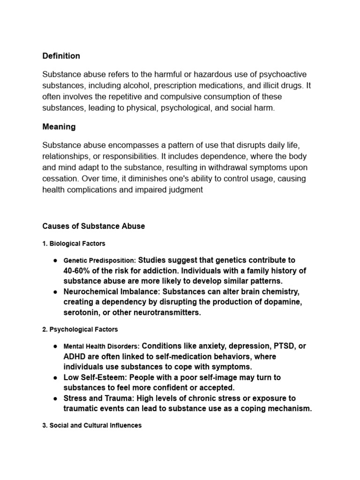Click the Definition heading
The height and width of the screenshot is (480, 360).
pyautogui.click(x=61, y=56)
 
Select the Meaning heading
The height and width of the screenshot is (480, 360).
pyautogui.click(x=59, y=127)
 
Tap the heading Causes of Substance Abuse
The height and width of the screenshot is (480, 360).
pyautogui.click(x=94, y=226)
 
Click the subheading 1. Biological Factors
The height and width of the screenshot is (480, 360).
pyautogui.click(x=74, y=244)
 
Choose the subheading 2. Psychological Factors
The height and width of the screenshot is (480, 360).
pyautogui.click(x=80, y=330)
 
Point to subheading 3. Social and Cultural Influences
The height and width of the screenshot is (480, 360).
pyautogui.click(x=92, y=426)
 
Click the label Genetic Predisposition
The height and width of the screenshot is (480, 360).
pyautogui.click(x=99, y=260)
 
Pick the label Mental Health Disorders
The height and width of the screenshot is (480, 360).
pyautogui.click(x=101, y=346)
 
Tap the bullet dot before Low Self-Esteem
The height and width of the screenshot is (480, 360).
pyautogui.click(x=55, y=377)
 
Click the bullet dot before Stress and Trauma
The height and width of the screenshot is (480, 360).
pyautogui.click(x=55, y=398)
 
